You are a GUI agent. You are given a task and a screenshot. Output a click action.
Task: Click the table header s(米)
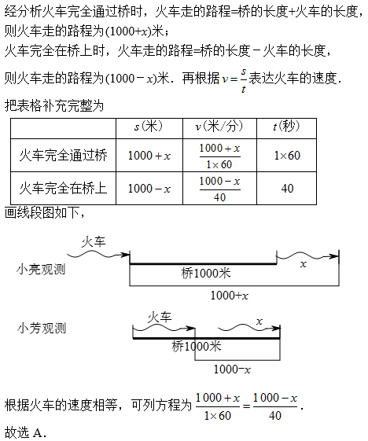(x=149, y=127)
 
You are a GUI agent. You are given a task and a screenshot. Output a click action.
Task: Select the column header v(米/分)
(x=219, y=127)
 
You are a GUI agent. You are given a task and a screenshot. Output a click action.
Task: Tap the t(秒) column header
(x=286, y=127)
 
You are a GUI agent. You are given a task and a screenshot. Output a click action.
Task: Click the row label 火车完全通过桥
(x=64, y=155)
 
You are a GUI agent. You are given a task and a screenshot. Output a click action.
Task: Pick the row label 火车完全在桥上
(x=64, y=188)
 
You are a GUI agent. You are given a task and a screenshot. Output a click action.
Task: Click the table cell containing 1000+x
(x=149, y=156)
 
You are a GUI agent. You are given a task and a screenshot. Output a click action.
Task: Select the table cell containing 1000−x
(x=149, y=189)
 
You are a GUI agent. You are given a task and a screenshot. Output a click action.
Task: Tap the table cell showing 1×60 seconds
(x=287, y=156)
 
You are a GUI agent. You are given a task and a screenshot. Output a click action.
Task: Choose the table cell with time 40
(x=287, y=189)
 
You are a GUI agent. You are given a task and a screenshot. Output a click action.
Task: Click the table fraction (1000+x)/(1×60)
(x=219, y=156)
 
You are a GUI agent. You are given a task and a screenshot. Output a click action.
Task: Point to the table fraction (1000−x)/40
(x=219, y=189)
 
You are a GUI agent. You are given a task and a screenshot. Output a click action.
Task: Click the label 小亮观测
(x=41, y=270)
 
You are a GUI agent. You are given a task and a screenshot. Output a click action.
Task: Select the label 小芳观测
(x=42, y=329)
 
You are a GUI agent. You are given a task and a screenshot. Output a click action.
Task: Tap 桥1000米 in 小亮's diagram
(x=206, y=274)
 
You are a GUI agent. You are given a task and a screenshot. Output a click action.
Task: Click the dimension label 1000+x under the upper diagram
(x=230, y=296)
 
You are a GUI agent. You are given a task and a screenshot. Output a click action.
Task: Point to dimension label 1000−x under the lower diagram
(x=232, y=369)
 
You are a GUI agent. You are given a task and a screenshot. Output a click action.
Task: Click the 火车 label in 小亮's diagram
(x=94, y=242)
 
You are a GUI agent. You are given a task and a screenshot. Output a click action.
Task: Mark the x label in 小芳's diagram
(x=259, y=322)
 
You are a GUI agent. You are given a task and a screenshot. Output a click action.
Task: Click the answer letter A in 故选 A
(x=38, y=433)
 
